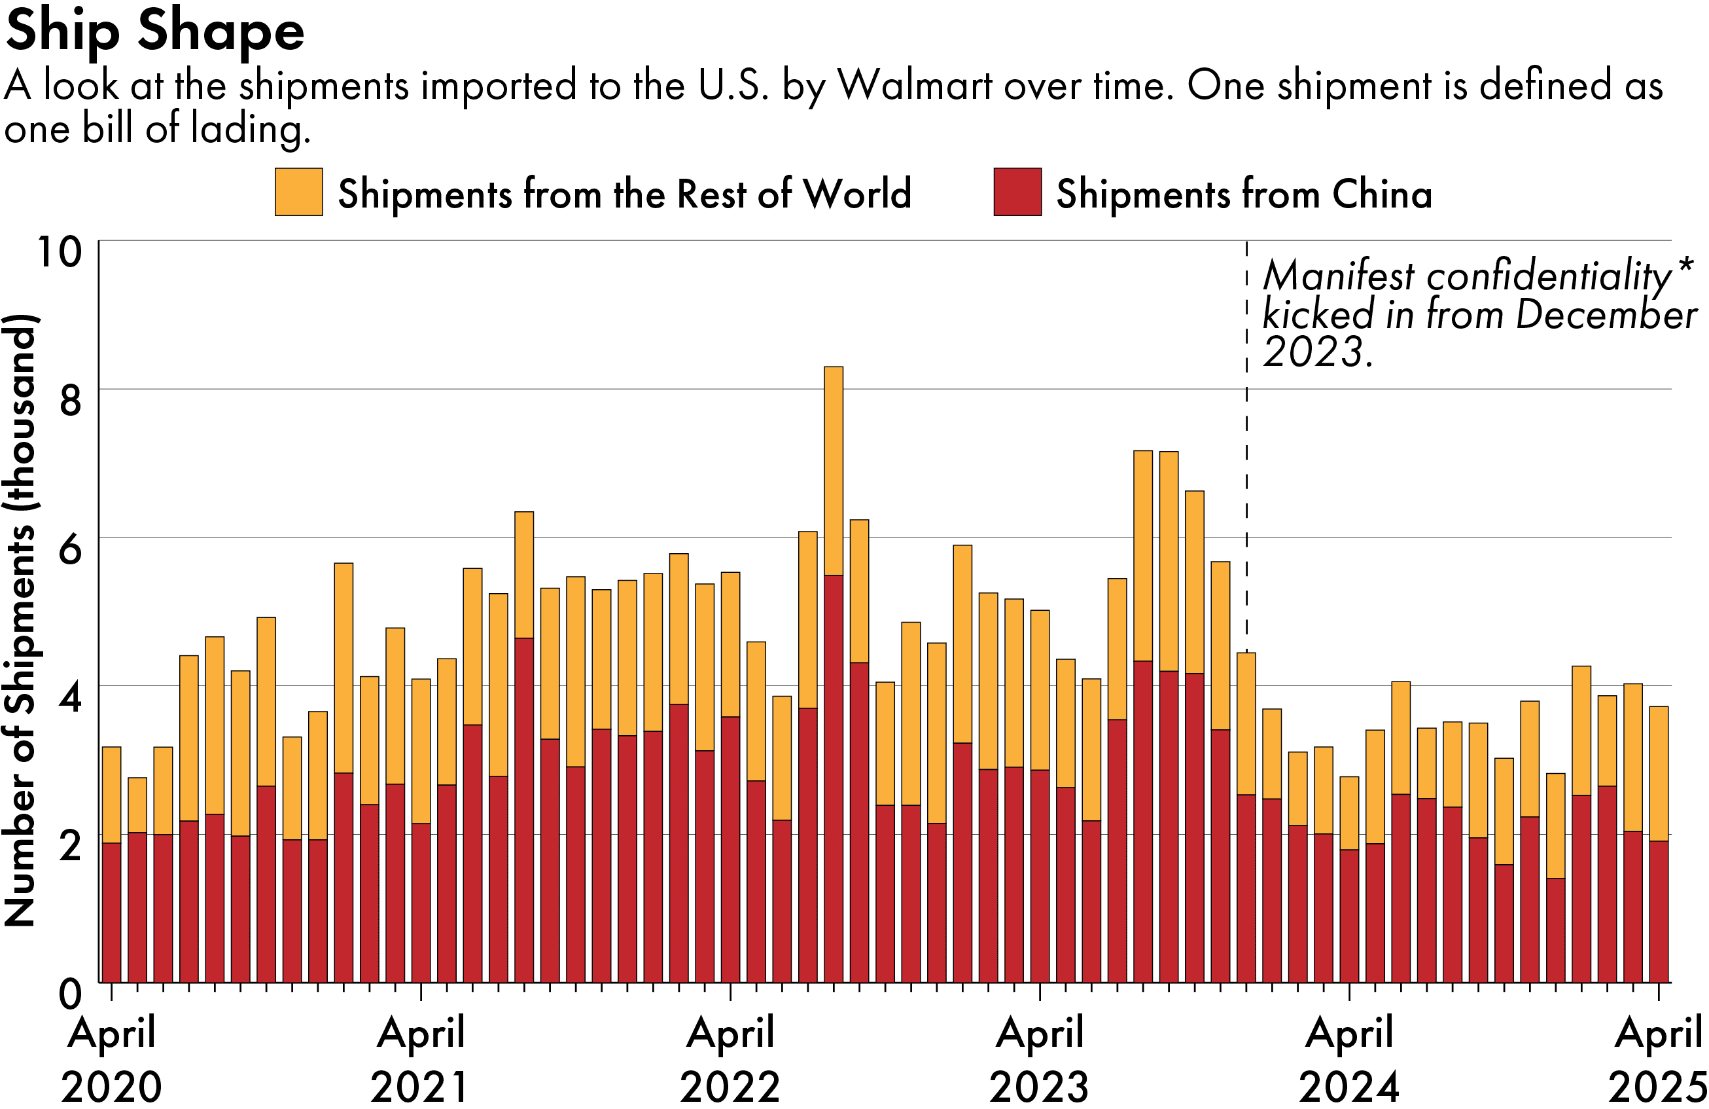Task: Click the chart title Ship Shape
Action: (154, 32)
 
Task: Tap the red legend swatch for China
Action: (1017, 192)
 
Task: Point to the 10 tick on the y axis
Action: (60, 252)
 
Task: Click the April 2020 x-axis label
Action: (112, 1058)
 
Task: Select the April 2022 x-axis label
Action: (730, 1058)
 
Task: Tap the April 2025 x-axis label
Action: (1658, 1058)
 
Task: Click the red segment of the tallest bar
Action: (833, 776)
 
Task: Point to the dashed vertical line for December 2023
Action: (1246, 503)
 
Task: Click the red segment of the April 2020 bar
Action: (112, 912)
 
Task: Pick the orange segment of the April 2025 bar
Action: (1658, 774)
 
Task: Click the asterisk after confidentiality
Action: (1686, 267)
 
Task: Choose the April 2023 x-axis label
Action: (1039, 1058)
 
